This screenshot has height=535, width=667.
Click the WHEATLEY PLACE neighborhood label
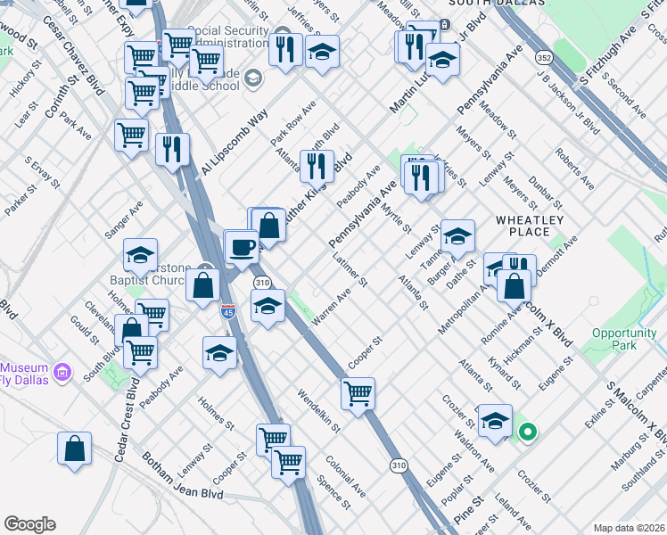click(x=529, y=226)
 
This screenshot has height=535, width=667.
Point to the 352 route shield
click(x=542, y=57)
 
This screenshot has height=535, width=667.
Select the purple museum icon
click(x=62, y=370)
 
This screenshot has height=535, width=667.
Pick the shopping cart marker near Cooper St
click(x=358, y=392)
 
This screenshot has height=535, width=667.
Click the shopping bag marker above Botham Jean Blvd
click(x=75, y=449)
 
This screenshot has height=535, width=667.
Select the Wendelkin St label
click(x=319, y=410)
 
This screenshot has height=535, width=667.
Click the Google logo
click(x=29, y=524)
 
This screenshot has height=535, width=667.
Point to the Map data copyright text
click(x=629, y=528)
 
